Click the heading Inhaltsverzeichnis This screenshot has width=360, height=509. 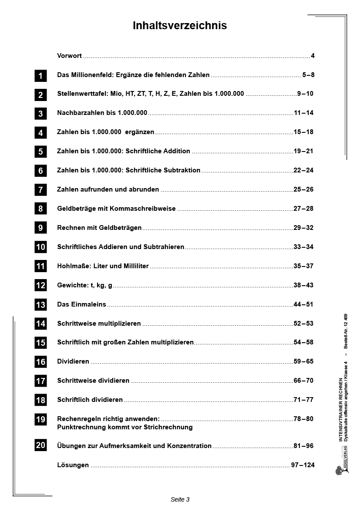tap(180, 26)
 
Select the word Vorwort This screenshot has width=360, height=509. tap(70, 56)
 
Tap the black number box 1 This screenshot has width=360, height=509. tap(40, 76)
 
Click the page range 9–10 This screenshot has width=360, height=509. tap(305, 94)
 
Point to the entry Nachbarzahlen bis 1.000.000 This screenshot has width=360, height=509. tap(102, 113)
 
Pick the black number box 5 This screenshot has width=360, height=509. tap(40, 152)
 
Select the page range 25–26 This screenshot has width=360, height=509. tap(303, 189)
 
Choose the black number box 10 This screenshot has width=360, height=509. tap(40, 247)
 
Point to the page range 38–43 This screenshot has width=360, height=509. tap(303, 285)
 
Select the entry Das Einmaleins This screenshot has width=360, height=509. tap(82, 304)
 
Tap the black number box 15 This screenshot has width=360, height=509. tap(40, 343)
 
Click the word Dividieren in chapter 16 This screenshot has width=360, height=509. tap(73, 361)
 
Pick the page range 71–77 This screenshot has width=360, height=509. tap(303, 400)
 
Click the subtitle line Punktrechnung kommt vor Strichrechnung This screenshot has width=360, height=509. tap(125, 427)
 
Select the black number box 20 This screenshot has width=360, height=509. tap(40, 445)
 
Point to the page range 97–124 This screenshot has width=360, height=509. tap(303, 465)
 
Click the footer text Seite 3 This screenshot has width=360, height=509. tap(180, 499)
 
